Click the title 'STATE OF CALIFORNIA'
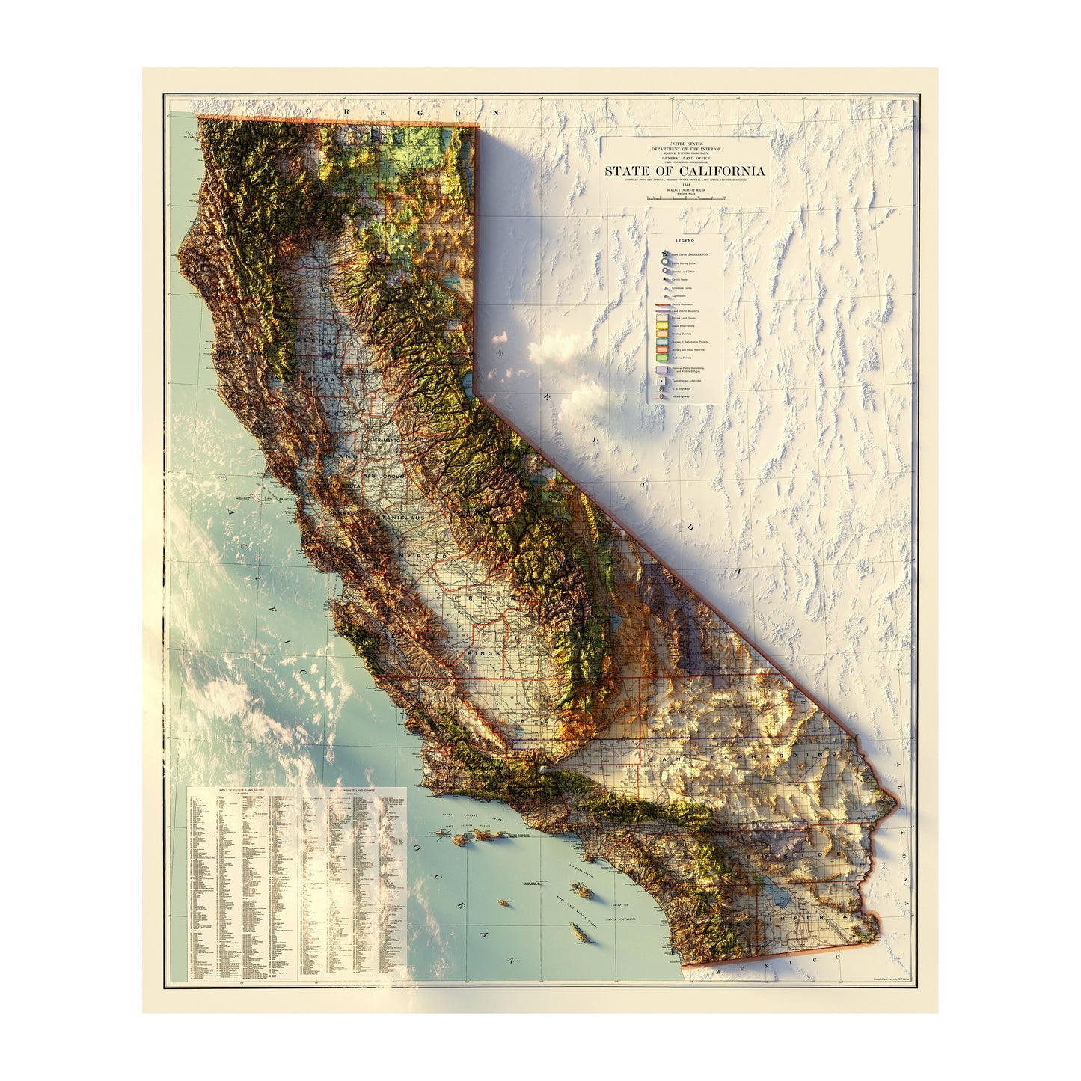coord(685,171)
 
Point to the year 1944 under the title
coord(685,184)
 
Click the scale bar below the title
coord(685,197)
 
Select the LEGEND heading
coord(685,241)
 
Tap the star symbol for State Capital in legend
coord(663,254)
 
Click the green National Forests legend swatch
coord(662,359)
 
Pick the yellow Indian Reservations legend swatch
coord(662,326)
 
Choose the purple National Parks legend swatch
coord(662,370)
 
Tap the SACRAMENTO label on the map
coord(381,441)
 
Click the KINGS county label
coord(483,653)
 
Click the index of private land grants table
coord(296,883)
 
